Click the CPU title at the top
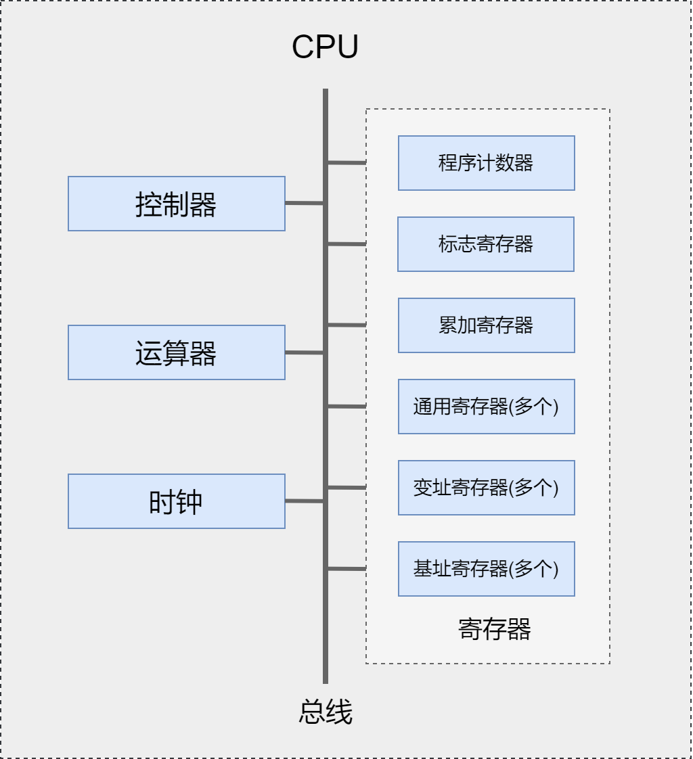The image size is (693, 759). pos(325,47)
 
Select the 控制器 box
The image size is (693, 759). pos(176,204)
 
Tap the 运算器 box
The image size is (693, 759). pos(176,352)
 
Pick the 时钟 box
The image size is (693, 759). pos(176,501)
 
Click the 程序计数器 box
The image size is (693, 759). pos(486,163)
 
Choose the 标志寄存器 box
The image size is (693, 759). pos(485,244)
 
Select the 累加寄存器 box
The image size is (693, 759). pos(486,325)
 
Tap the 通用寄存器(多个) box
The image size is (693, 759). pos(486,407)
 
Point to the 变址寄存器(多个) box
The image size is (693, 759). pos(486,488)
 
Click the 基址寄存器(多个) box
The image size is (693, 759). pos(486,569)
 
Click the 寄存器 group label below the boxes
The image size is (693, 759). pos(494,629)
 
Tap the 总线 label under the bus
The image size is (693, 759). pos(326,712)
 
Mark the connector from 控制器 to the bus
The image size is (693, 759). pos(304,203)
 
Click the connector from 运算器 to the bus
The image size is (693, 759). pos(304,352)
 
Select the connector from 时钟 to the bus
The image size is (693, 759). pos(304,501)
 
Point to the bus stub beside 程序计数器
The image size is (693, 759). pos(347,162)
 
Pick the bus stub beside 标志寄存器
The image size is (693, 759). pos(347,244)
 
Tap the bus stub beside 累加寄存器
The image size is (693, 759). pos(347,325)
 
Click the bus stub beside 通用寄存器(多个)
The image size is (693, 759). pos(347,407)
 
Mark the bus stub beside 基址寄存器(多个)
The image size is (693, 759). pos(347,569)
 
